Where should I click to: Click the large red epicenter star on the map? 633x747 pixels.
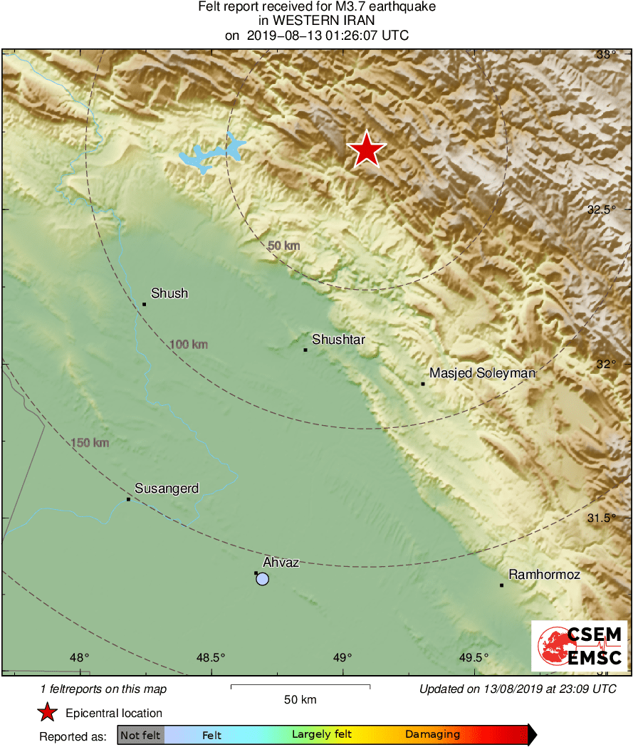(367, 150)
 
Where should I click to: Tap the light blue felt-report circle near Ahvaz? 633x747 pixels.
(263, 579)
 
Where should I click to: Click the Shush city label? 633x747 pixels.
(169, 293)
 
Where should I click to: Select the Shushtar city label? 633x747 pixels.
(338, 340)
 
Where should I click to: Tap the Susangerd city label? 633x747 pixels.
(167, 489)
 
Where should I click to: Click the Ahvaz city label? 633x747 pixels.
(281, 563)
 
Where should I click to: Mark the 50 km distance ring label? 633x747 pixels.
(283, 246)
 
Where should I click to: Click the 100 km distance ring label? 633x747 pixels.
(189, 345)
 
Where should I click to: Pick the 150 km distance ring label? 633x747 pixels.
(90, 443)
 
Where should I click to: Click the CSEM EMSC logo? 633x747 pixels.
(579, 646)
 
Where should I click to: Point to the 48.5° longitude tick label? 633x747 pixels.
(211, 657)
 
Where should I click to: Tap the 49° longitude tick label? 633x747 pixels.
(342, 657)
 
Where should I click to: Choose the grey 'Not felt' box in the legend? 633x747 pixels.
(141, 735)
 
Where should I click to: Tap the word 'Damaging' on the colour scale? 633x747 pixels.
(432, 735)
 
